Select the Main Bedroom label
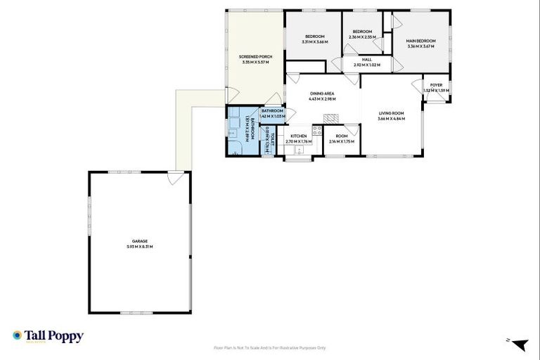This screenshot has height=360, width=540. coord(421,41)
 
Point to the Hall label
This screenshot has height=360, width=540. coord(366,60)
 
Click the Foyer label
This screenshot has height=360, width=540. coord(436,85)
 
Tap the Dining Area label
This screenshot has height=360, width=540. coord(321,94)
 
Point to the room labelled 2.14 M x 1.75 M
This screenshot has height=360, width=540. coord(342,139)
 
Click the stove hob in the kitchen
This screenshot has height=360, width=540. coord(316,129)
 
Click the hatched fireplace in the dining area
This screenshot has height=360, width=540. coord(330,119)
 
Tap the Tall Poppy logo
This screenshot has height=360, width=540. coord(48,336)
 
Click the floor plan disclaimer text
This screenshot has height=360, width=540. coord(269,347)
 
